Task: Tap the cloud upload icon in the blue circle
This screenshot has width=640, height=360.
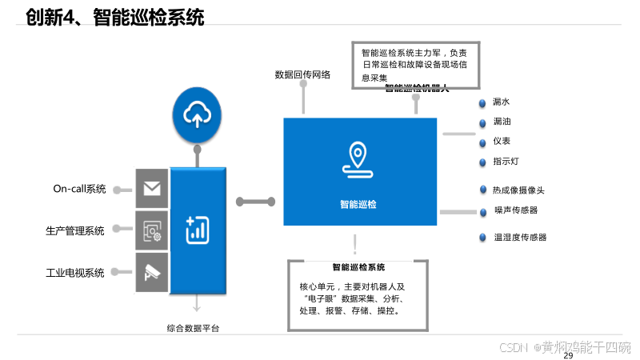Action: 196,115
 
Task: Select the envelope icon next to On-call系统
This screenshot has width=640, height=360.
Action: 152,189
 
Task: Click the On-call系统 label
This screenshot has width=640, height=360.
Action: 79,190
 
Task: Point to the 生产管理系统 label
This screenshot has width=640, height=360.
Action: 75,231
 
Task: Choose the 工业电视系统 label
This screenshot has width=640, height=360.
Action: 75,273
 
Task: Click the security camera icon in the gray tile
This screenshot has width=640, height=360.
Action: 152,272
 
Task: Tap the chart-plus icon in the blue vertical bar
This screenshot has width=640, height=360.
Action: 197,230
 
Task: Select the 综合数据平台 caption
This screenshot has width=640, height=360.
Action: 193,328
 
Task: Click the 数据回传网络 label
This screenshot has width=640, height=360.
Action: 302,75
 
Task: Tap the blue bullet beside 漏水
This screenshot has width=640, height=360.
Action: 482,103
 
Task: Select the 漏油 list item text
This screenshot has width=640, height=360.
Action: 502,122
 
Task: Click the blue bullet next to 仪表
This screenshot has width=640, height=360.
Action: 482,142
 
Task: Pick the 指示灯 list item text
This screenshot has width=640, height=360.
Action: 506,162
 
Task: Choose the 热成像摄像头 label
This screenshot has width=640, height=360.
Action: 519,190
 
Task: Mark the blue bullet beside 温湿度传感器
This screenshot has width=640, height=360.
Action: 482,238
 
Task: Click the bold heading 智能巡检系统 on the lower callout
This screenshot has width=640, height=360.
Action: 358,267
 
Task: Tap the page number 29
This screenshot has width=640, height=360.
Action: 569,354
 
